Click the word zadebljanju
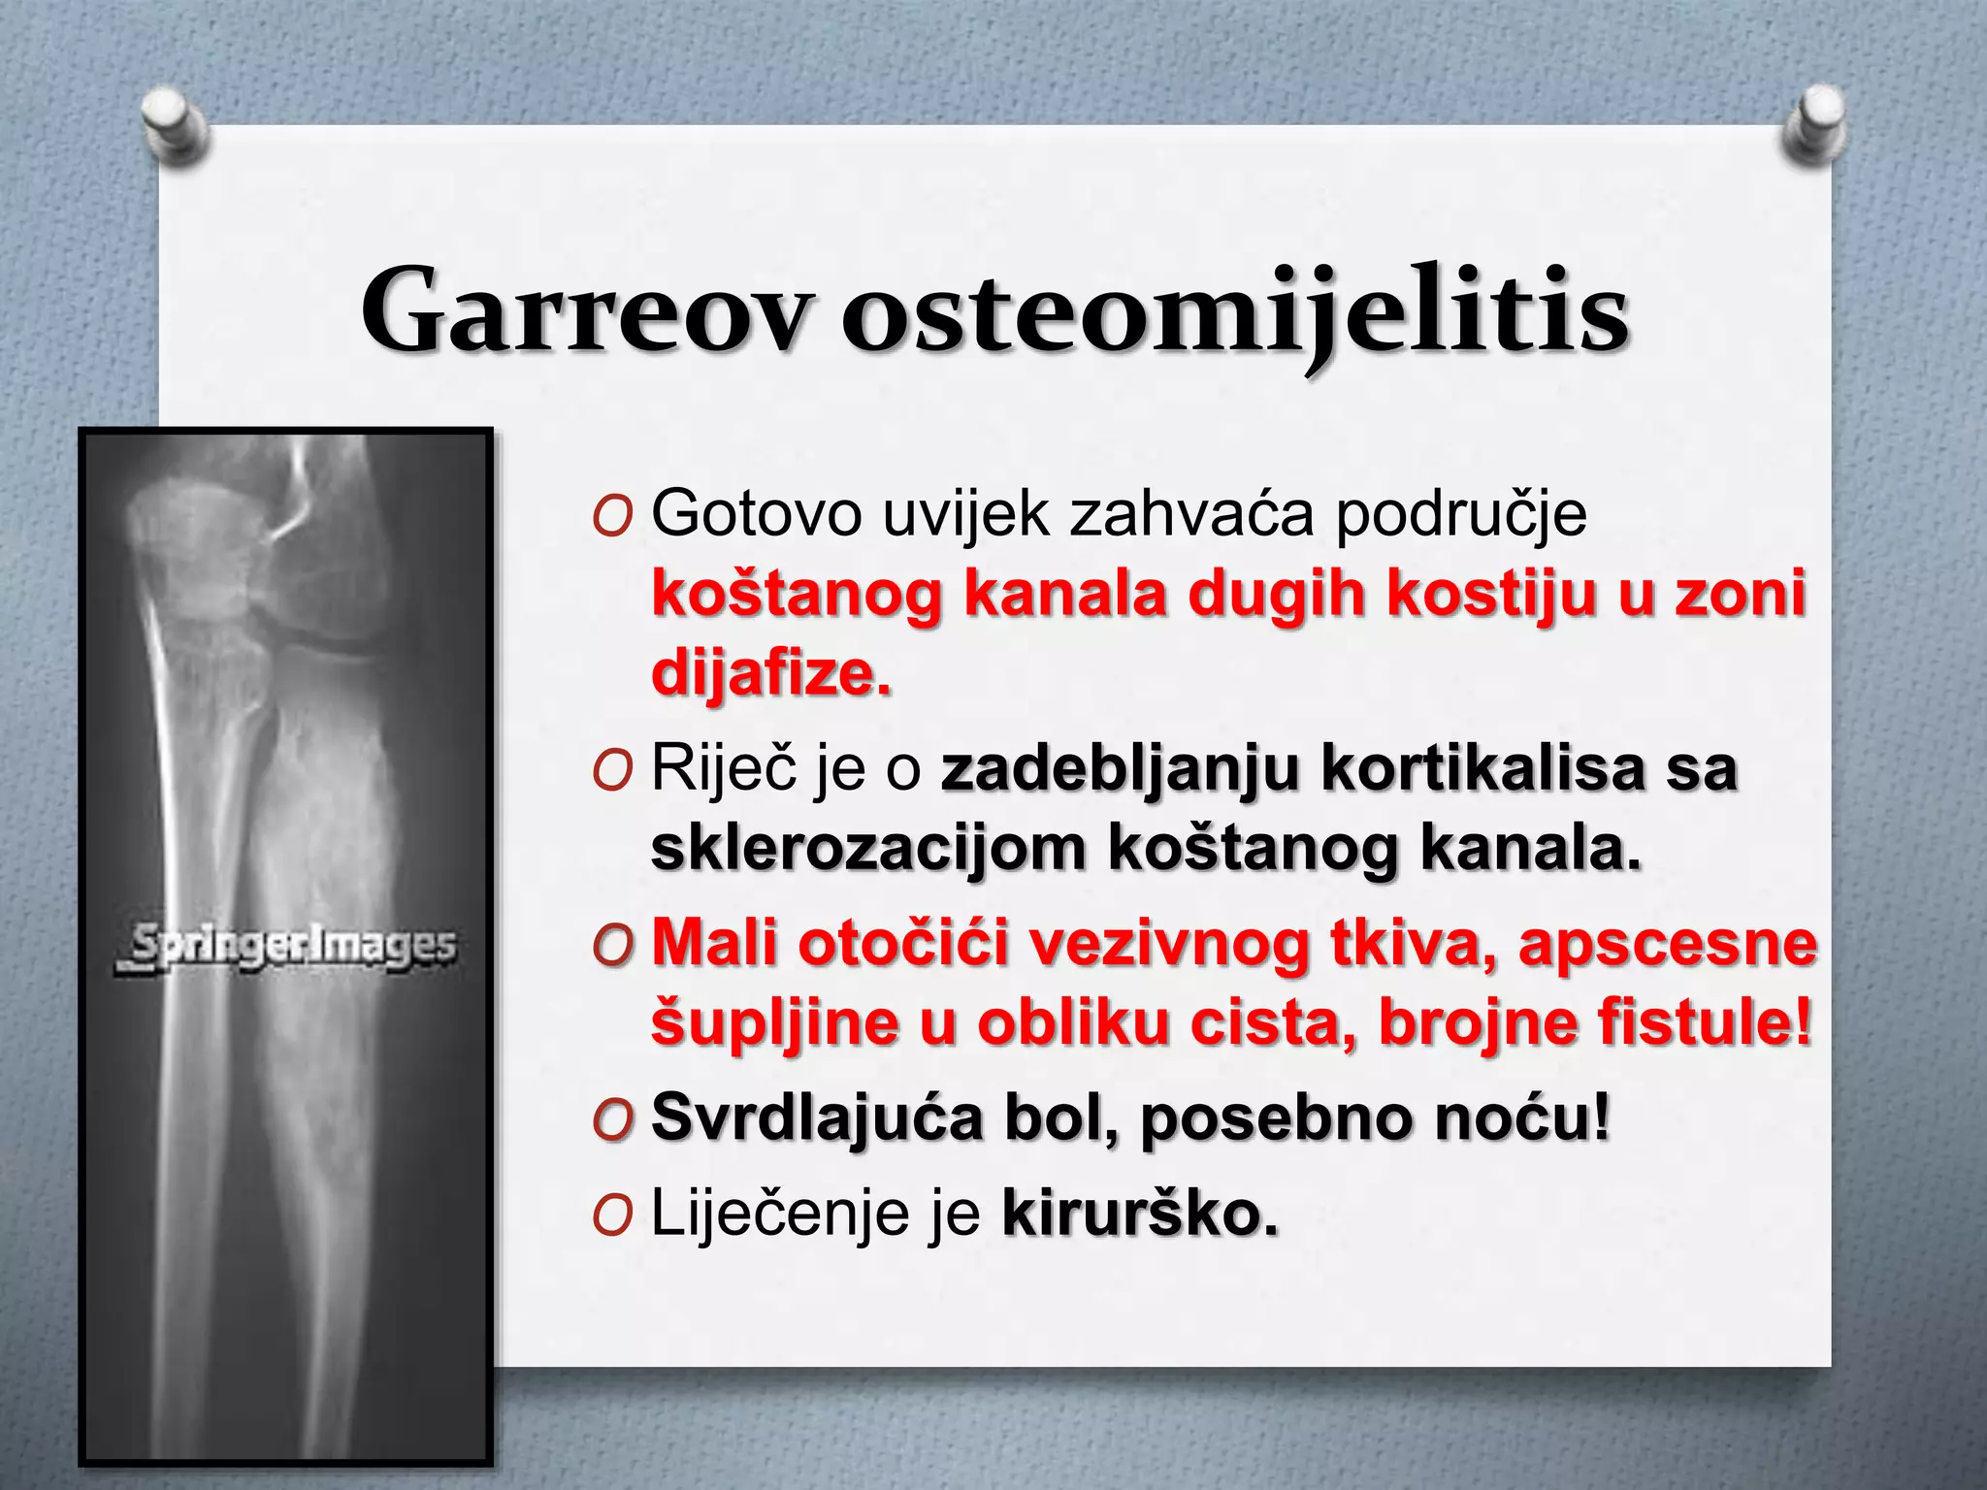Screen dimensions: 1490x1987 pyautogui.click(x=1120, y=769)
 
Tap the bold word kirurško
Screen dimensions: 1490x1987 pyautogui.click(x=1140, y=1213)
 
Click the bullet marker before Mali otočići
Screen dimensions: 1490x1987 pyautogui.click(x=612, y=947)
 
